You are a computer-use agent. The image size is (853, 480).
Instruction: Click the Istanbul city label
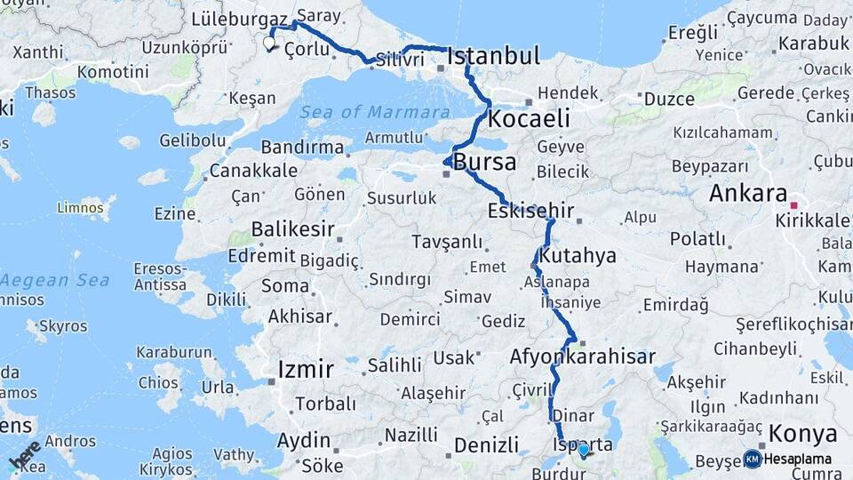493,56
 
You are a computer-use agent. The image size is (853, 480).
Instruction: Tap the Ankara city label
748,194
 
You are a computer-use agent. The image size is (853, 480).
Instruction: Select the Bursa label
484,163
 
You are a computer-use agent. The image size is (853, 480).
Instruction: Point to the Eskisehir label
530,212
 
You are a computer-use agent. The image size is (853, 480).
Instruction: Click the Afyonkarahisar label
582,356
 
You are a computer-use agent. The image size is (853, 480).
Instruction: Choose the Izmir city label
306,369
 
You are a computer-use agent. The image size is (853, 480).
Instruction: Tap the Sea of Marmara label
374,112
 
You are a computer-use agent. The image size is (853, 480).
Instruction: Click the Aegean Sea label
55,280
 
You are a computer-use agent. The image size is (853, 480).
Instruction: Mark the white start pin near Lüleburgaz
269,42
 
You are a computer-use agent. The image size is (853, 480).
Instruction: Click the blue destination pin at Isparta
583,451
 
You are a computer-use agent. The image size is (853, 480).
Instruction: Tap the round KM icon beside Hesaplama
753,459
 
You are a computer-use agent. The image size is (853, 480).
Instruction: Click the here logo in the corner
25,455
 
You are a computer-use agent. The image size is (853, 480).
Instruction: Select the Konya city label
802,434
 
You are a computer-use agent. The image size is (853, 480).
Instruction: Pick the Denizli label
485,444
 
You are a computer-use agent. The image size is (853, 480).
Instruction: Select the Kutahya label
578,256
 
